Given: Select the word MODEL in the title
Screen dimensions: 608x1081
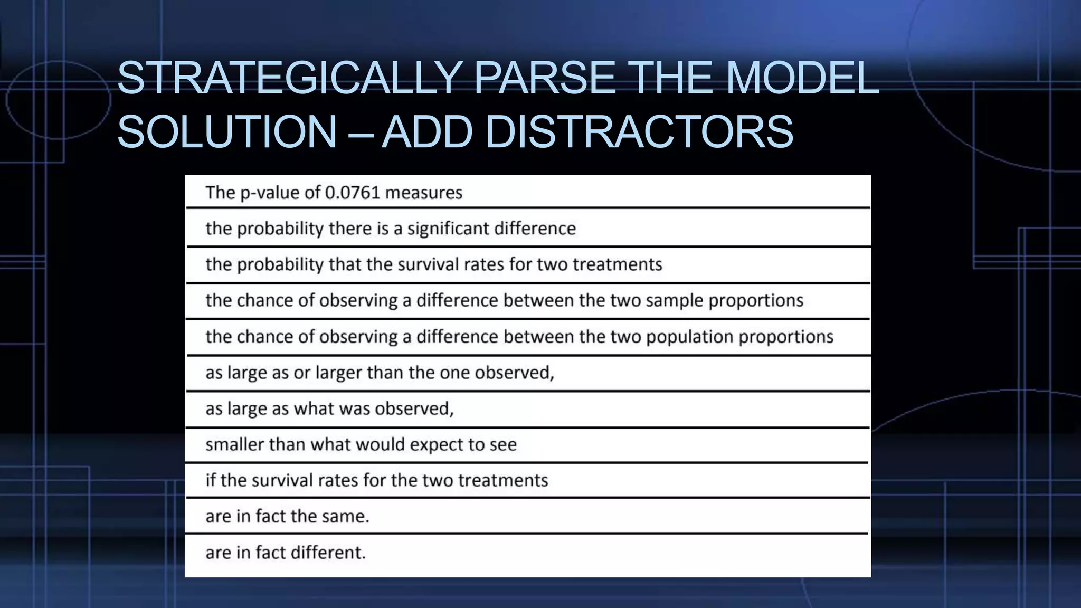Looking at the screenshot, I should (x=802, y=78).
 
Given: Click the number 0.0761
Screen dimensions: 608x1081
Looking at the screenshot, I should (x=353, y=193).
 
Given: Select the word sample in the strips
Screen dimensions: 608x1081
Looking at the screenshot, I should (x=675, y=301).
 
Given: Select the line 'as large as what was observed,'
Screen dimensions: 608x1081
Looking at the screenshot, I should (x=329, y=409).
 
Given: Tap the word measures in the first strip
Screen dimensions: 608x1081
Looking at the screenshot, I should (x=423, y=193).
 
